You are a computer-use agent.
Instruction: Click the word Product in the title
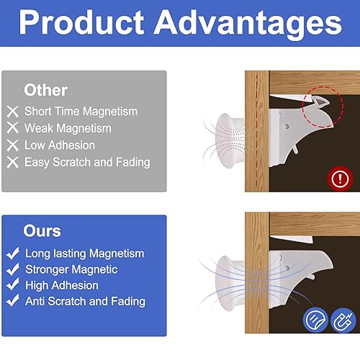point(81,22)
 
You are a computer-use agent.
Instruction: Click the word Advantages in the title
point(248,24)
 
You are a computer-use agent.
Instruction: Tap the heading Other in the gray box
point(45,90)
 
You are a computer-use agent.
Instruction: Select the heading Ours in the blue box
point(42,231)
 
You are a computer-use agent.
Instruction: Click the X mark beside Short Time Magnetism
point(13,112)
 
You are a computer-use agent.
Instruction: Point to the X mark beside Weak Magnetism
point(13,128)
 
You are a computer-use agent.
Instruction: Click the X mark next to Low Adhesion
point(13,145)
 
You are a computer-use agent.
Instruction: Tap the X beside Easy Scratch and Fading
point(13,163)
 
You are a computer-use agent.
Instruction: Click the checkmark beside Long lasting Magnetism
point(13,253)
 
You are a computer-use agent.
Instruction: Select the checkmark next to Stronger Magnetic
point(13,269)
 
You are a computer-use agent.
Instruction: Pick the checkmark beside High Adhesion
point(13,285)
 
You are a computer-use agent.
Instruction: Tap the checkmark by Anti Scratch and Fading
point(13,300)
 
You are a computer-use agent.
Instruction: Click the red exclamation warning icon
point(340,179)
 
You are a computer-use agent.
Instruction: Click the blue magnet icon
point(343,320)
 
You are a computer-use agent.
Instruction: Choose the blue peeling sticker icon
point(315,320)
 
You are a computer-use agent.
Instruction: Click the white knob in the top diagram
point(230,140)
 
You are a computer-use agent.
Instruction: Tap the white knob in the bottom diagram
point(230,284)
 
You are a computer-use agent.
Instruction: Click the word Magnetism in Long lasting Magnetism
point(117,253)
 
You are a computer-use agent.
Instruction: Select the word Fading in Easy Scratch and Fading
point(133,163)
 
